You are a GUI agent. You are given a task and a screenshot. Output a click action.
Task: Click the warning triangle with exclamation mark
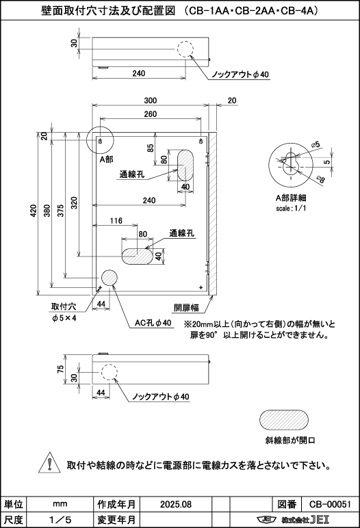coord(49,463)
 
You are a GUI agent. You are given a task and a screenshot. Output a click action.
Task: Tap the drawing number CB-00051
coord(330,504)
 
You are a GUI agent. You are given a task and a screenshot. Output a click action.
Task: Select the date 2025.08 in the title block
coord(176,504)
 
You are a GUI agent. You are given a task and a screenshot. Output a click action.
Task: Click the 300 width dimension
coord(151,101)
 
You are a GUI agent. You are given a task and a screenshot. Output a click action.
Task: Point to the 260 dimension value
coord(151,114)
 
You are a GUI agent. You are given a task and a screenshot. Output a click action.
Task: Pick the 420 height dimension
coord(34,211)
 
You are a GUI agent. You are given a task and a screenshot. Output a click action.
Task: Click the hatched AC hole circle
coord(110,278)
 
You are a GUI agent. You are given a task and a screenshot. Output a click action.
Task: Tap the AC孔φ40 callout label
coord(153,323)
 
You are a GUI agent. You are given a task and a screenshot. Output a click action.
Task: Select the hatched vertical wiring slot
coord(185,166)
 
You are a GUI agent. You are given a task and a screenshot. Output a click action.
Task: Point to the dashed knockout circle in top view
coord(185,49)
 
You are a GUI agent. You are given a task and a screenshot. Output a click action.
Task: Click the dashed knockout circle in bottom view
coord(109,373)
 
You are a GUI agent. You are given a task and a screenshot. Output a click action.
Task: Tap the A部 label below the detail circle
coord(107,159)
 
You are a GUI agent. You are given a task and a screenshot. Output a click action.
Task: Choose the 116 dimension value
coord(116,221)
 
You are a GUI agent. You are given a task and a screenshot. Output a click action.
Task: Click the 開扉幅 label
coord(186,308)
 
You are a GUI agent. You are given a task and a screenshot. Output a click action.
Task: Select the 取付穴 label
coord(64,306)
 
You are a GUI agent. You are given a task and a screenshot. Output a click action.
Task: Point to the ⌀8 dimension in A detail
coord(320,179)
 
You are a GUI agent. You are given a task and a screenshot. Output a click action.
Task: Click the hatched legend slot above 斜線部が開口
coord(284,420)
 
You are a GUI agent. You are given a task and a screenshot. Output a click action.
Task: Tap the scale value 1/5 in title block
coord(60,520)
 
